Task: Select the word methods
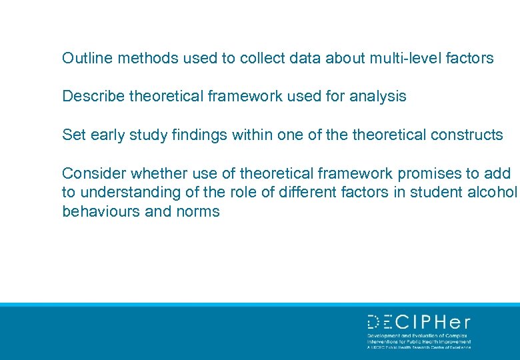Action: click(137, 58)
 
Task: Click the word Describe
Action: click(93, 97)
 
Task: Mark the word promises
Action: click(429, 174)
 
